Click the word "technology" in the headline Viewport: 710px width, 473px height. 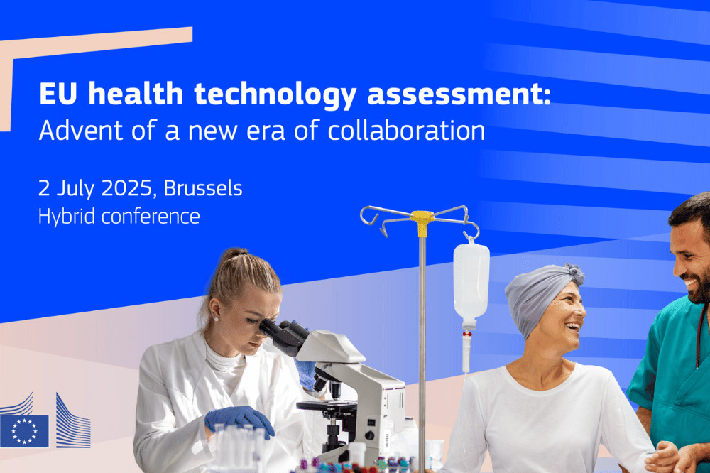275,95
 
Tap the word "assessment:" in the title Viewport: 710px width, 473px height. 459,94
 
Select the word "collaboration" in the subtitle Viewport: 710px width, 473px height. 406,130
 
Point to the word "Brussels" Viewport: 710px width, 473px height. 203,188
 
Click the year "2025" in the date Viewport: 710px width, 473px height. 127,188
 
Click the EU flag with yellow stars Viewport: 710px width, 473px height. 24,431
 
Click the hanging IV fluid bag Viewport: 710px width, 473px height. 471,281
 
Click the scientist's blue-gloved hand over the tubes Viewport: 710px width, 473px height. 239,420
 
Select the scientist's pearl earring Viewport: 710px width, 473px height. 216,319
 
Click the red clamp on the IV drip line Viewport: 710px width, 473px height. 467,334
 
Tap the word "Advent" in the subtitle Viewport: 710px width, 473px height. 81,131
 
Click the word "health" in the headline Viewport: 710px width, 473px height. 136,94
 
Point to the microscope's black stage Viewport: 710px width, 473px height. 327,406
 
